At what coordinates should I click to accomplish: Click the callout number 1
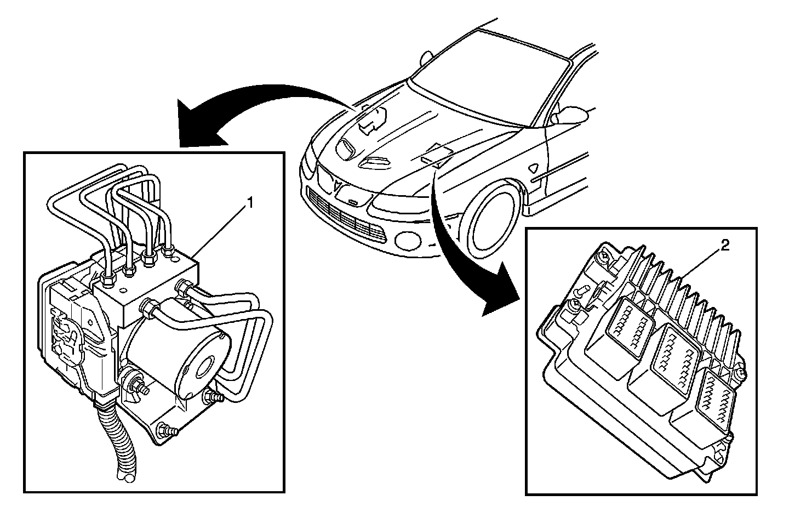click(x=250, y=203)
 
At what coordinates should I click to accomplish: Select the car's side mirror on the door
click(x=570, y=114)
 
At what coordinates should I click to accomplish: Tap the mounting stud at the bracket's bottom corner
click(x=167, y=431)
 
